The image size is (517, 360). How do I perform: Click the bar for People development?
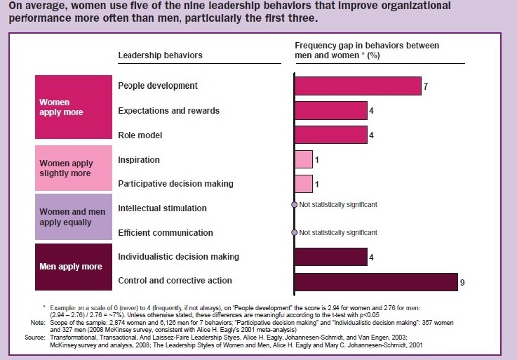[x=357, y=86]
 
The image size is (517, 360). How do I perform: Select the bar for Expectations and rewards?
[x=330, y=110]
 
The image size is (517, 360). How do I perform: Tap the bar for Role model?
[x=330, y=135]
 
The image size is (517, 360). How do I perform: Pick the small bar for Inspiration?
[x=303, y=159]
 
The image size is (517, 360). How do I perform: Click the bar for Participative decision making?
[x=303, y=184]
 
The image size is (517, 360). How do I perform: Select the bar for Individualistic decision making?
[x=330, y=257]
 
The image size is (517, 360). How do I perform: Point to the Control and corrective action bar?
[x=375, y=281]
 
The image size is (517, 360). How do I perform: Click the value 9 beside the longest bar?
[x=462, y=282]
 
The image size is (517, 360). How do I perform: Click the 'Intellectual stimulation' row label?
[x=162, y=208]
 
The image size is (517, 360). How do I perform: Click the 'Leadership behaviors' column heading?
[x=160, y=55]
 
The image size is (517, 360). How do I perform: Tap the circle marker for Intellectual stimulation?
[x=295, y=205]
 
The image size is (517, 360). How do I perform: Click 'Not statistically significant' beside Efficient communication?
[x=338, y=232]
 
